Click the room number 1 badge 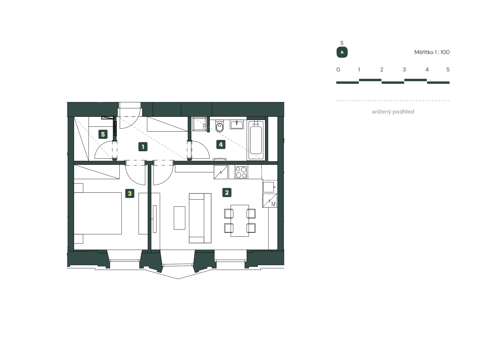point(143,147)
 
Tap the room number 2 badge point(227,193)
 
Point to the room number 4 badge point(220,144)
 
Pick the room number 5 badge point(103,134)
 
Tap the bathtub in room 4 point(256,140)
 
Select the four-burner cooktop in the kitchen point(241,172)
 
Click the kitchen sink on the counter point(269,186)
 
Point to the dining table point(240,220)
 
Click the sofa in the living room point(200,218)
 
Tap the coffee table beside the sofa point(179,218)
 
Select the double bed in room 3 point(98,213)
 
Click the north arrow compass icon point(342,52)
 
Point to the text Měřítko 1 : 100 point(432,52)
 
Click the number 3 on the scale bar point(404,70)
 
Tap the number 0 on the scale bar point(338,70)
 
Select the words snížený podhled point(393,112)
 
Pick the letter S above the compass point(342,43)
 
